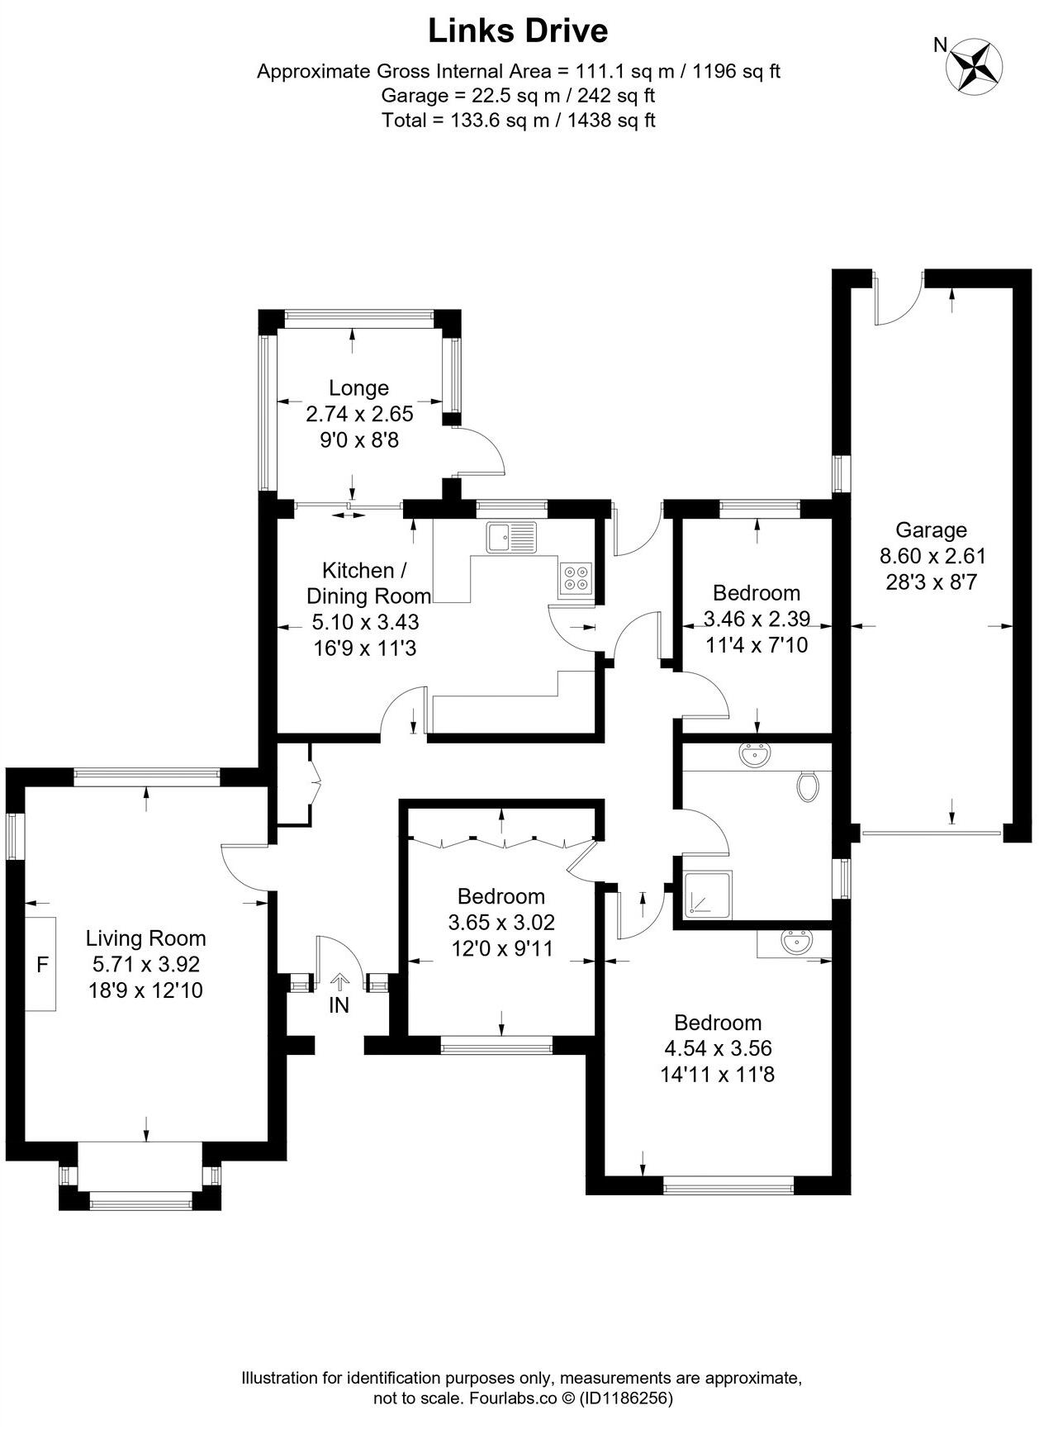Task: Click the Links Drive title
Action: [518, 31]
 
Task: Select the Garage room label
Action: [931, 529]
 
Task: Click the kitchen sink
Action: [511, 537]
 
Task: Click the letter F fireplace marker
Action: [42, 963]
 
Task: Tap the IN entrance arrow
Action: [339, 983]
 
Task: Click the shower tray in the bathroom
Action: [707, 895]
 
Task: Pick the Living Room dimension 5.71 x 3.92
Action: [145, 964]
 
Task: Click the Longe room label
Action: [358, 387]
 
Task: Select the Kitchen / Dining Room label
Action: [368, 583]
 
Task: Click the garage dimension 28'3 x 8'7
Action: [931, 582]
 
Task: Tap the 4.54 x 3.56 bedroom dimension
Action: [718, 1048]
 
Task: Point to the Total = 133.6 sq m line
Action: [518, 120]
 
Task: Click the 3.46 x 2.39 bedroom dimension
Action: [757, 618]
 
